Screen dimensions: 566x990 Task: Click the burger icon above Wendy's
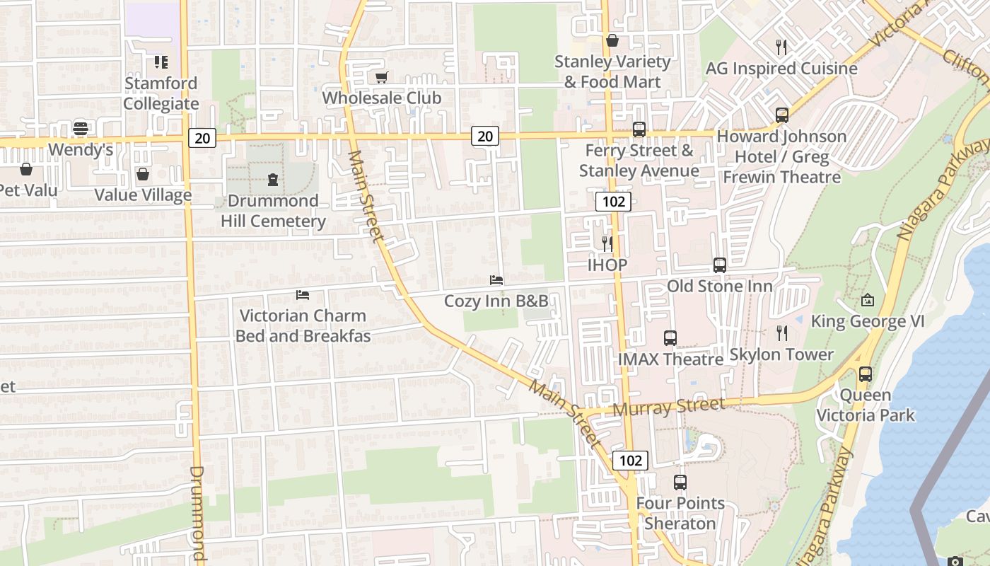click(81, 129)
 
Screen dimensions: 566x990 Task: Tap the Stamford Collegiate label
click(161, 93)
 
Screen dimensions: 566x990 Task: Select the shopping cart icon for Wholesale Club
click(382, 77)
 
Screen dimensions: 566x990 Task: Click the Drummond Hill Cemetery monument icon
click(273, 180)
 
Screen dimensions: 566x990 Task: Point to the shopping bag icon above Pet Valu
click(26, 169)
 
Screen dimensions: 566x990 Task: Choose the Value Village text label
click(143, 195)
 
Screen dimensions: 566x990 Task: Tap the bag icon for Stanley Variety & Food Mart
click(612, 40)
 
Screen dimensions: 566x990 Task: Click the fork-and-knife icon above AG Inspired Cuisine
click(781, 47)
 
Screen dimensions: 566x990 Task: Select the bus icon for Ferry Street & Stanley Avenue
click(639, 129)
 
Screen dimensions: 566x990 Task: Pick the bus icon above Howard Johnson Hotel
click(782, 115)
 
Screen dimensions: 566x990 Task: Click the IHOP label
click(607, 265)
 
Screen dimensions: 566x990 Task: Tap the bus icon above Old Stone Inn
click(720, 265)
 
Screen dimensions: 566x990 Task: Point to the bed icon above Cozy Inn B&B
click(496, 280)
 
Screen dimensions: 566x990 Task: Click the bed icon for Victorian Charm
click(303, 294)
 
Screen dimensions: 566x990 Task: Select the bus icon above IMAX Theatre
click(670, 338)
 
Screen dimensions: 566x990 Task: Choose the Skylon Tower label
click(781, 354)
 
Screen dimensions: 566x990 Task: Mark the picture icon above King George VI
click(868, 300)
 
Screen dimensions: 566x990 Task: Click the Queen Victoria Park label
click(866, 405)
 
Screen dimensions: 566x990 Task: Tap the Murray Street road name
click(668, 407)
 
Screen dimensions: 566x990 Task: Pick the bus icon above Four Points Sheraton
click(680, 483)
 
